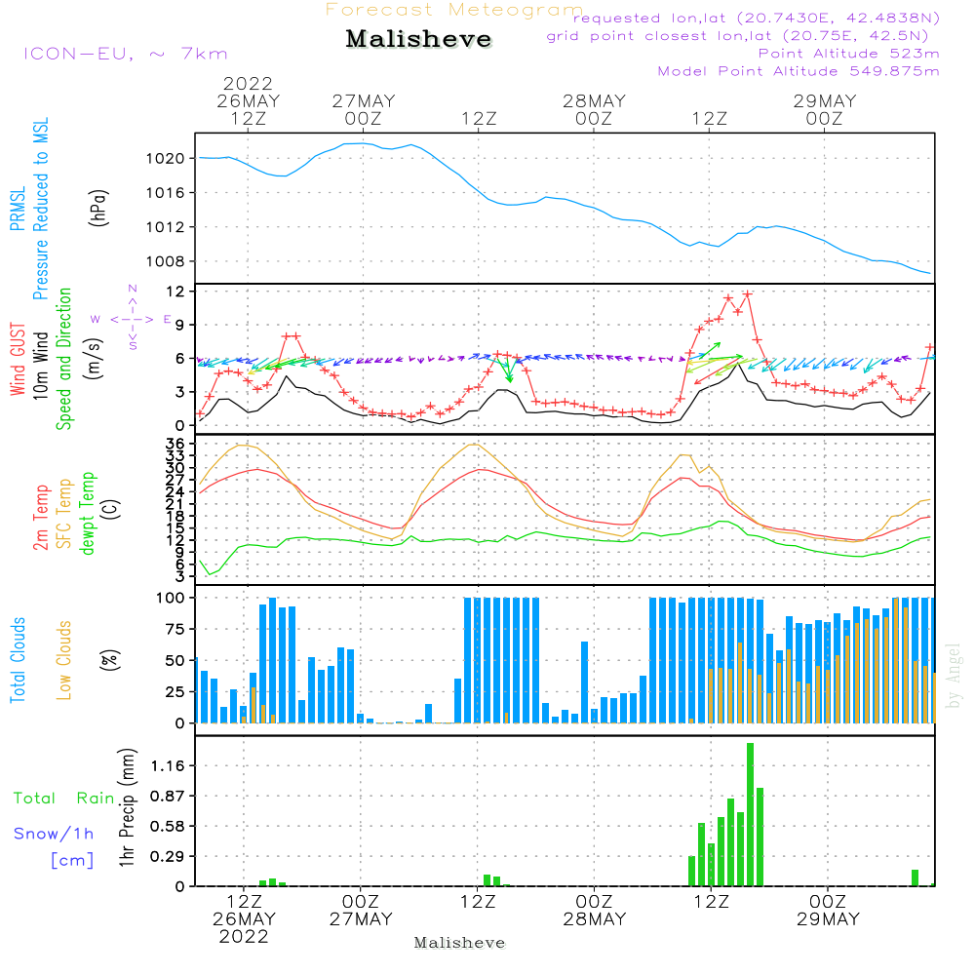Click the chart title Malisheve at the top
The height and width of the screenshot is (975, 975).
coord(419,40)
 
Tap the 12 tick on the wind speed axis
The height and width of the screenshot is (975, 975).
coord(176,292)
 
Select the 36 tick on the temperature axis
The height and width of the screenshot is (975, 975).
coord(176,445)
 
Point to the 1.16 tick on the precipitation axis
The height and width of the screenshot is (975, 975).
coord(169,766)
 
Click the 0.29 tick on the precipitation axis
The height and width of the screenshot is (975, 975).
coord(169,856)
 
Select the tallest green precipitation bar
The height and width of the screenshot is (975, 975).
coord(750,814)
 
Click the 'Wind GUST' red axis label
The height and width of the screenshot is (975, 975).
coord(19,360)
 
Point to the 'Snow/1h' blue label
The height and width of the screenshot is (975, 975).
coord(55,834)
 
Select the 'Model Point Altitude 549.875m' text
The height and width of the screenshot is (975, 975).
coord(799,71)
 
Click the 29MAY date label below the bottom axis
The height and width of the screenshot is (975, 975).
coord(827,919)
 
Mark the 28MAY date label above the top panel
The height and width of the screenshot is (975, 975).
coord(594,100)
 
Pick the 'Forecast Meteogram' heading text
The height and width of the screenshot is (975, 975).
coord(454,10)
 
